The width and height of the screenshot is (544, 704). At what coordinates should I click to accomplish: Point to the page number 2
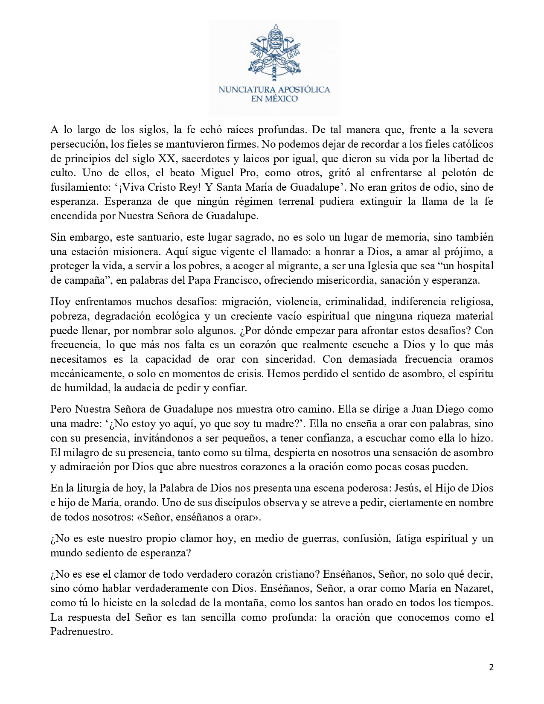491,668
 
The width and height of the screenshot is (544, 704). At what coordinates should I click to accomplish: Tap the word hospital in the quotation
474,266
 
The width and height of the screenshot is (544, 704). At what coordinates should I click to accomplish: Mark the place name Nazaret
473,588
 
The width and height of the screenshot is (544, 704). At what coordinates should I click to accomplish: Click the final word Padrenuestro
81,631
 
